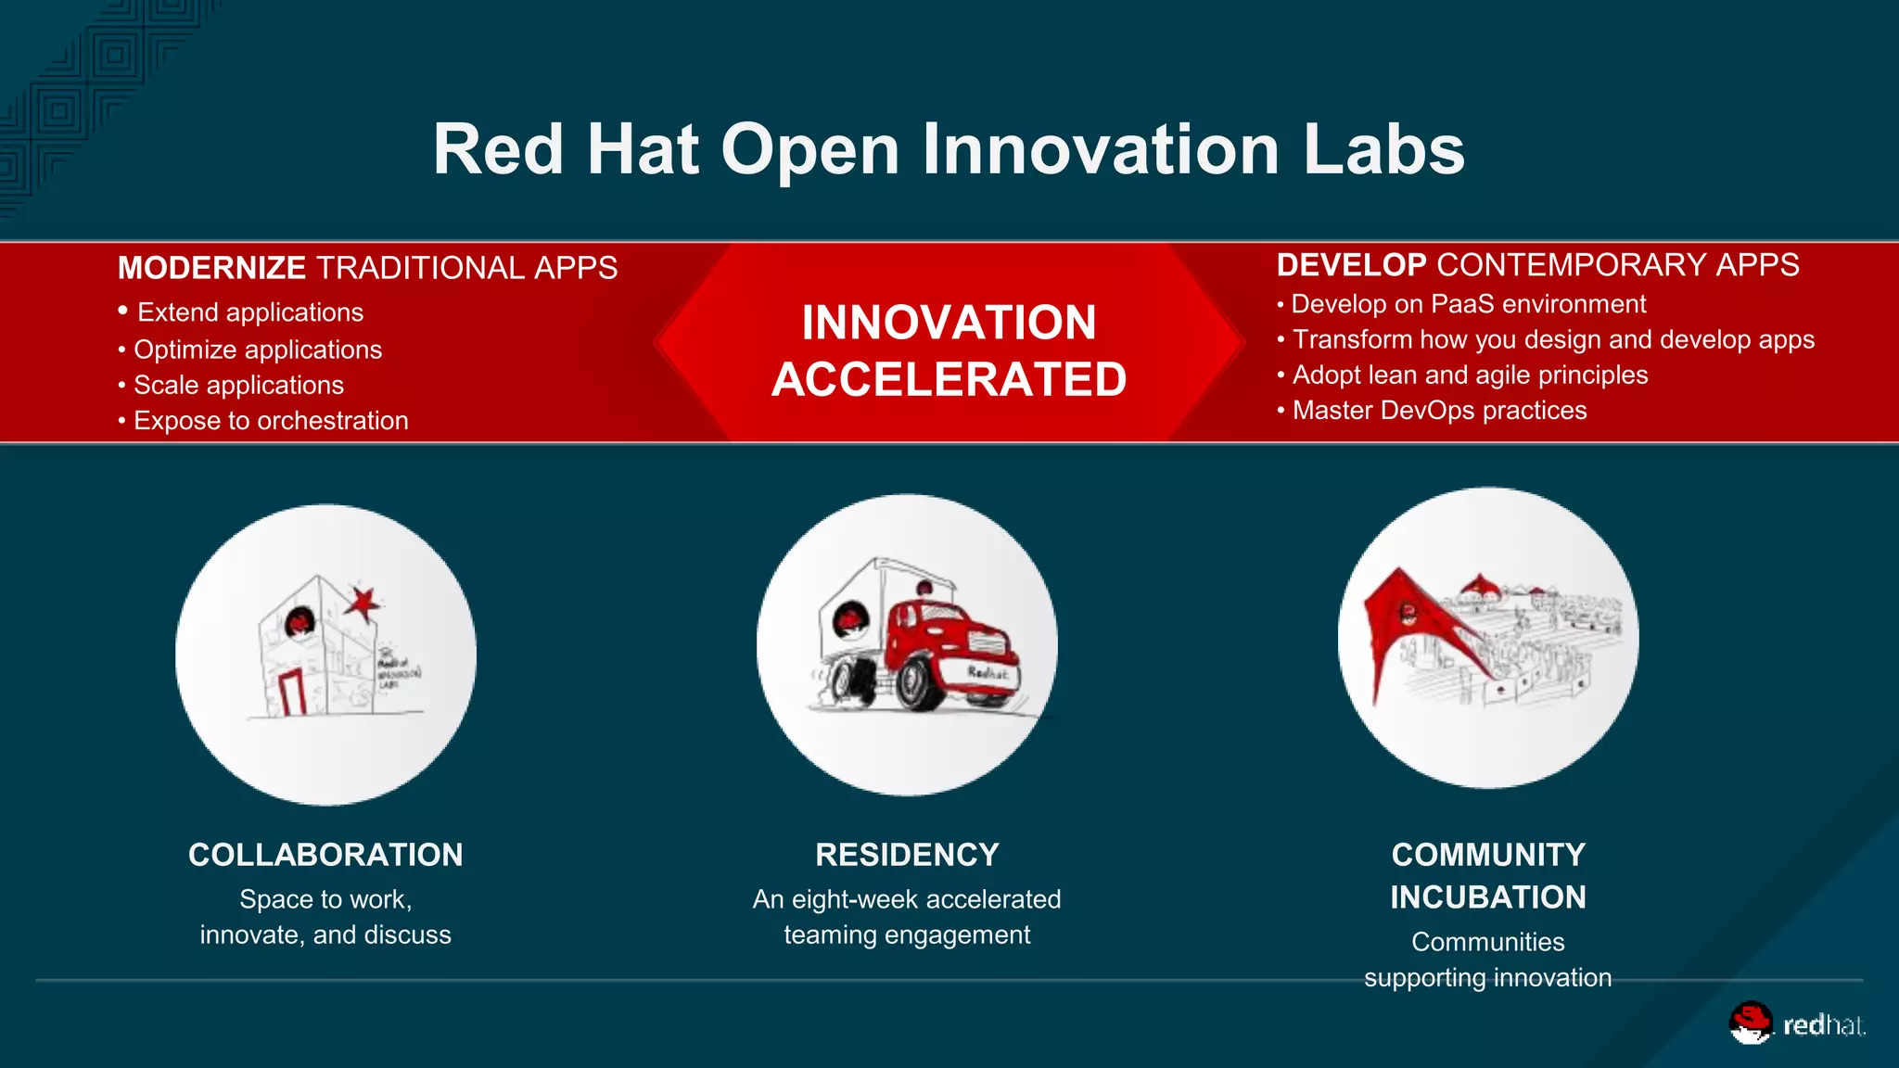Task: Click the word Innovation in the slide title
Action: (x=1102, y=150)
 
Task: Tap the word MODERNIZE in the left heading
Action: (x=211, y=268)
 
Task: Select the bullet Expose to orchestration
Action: (x=271, y=421)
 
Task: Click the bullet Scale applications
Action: (x=238, y=386)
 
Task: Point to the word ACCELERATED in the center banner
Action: (x=949, y=380)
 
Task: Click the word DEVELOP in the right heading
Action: (x=1351, y=265)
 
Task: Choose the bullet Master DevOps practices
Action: (x=1439, y=411)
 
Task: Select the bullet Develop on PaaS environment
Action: (x=1468, y=304)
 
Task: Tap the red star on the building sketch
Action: (x=362, y=603)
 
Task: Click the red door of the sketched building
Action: (x=292, y=692)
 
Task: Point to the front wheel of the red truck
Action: (x=913, y=684)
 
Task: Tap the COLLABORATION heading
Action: (x=325, y=855)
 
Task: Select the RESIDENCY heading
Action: (x=907, y=855)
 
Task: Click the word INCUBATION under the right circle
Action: (x=1487, y=897)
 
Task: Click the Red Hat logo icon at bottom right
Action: (x=1750, y=1023)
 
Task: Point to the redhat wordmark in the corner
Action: (x=1823, y=1025)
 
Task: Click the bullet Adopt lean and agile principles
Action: (x=1470, y=375)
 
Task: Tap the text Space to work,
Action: (x=325, y=900)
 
